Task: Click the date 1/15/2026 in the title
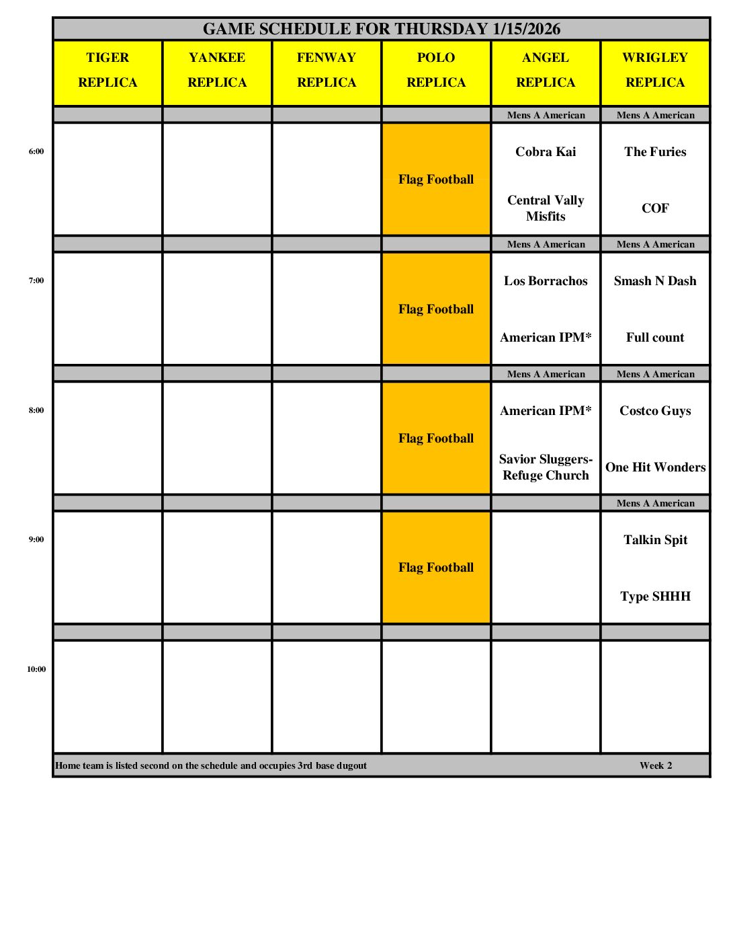pyautogui.click(x=526, y=29)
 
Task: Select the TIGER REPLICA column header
pyautogui.click(x=107, y=70)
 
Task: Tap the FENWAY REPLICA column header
pyautogui.click(x=327, y=70)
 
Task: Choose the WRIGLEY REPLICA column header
pyautogui.click(x=655, y=70)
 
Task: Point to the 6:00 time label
pyautogui.click(x=36, y=151)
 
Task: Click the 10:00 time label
pyautogui.click(x=36, y=669)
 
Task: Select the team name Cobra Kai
pyautogui.click(x=546, y=152)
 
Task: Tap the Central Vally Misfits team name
pyautogui.click(x=546, y=209)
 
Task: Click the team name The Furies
pyautogui.click(x=655, y=152)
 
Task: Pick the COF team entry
pyautogui.click(x=655, y=209)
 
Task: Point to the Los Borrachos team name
pyautogui.click(x=546, y=281)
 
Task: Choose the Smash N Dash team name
pyautogui.click(x=655, y=281)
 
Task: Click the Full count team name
pyautogui.click(x=655, y=338)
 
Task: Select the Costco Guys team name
pyautogui.click(x=655, y=411)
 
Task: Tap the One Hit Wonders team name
pyautogui.click(x=655, y=467)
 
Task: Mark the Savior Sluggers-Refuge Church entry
pyautogui.click(x=546, y=467)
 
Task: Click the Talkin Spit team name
pyautogui.click(x=655, y=540)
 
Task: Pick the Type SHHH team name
pyautogui.click(x=655, y=597)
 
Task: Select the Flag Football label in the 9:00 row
pyautogui.click(x=436, y=568)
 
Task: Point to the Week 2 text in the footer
pyautogui.click(x=656, y=765)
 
